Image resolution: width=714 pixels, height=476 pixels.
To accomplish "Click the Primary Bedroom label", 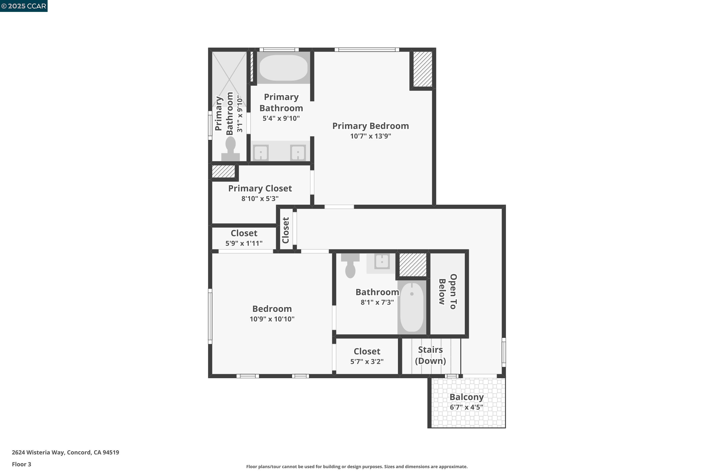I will pos(370,126).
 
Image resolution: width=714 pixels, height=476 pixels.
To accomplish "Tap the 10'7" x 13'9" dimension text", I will pos(370,136).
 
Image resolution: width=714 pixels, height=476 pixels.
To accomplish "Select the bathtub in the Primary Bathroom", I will pos(283,68).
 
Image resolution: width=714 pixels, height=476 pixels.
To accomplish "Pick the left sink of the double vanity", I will pos(261,152).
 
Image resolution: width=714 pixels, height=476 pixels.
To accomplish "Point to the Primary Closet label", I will pos(260,188).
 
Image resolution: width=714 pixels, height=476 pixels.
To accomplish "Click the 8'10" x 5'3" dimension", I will pos(260,198).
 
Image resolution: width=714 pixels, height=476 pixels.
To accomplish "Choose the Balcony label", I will pos(466,397).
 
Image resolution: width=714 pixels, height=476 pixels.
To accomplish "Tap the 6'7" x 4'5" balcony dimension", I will pos(466,407).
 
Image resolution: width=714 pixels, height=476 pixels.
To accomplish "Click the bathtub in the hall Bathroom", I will pos(412,307).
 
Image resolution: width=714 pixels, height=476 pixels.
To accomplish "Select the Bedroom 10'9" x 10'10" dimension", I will pos(272,319).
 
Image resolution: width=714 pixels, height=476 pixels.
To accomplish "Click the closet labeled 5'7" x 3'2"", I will pos(367,356).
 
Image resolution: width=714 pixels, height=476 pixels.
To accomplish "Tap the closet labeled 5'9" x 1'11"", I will pos(244,238).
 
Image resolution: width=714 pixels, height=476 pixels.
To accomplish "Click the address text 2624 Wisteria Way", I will pos(65,452).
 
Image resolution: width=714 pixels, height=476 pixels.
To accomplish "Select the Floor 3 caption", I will pos(21,464).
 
